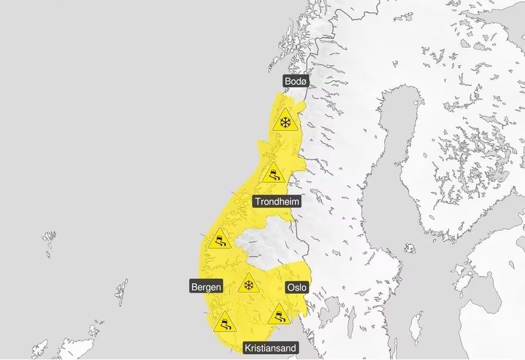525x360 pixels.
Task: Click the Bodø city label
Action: (x=295, y=81)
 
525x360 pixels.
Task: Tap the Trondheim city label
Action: (x=277, y=201)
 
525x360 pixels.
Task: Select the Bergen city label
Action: (x=206, y=287)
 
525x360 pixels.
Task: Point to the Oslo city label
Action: (x=297, y=287)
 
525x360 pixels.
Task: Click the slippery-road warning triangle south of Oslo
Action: (x=279, y=315)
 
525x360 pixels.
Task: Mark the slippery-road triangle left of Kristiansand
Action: (x=224, y=323)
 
